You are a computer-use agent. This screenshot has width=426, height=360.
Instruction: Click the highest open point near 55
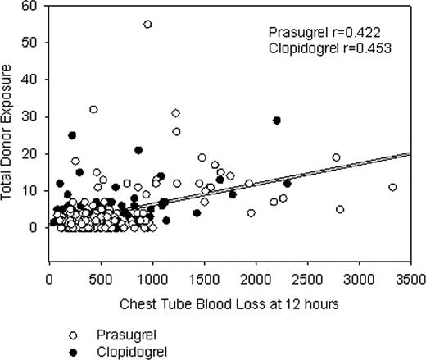click(x=147, y=24)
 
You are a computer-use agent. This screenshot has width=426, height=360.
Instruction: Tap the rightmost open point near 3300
click(x=392, y=187)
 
